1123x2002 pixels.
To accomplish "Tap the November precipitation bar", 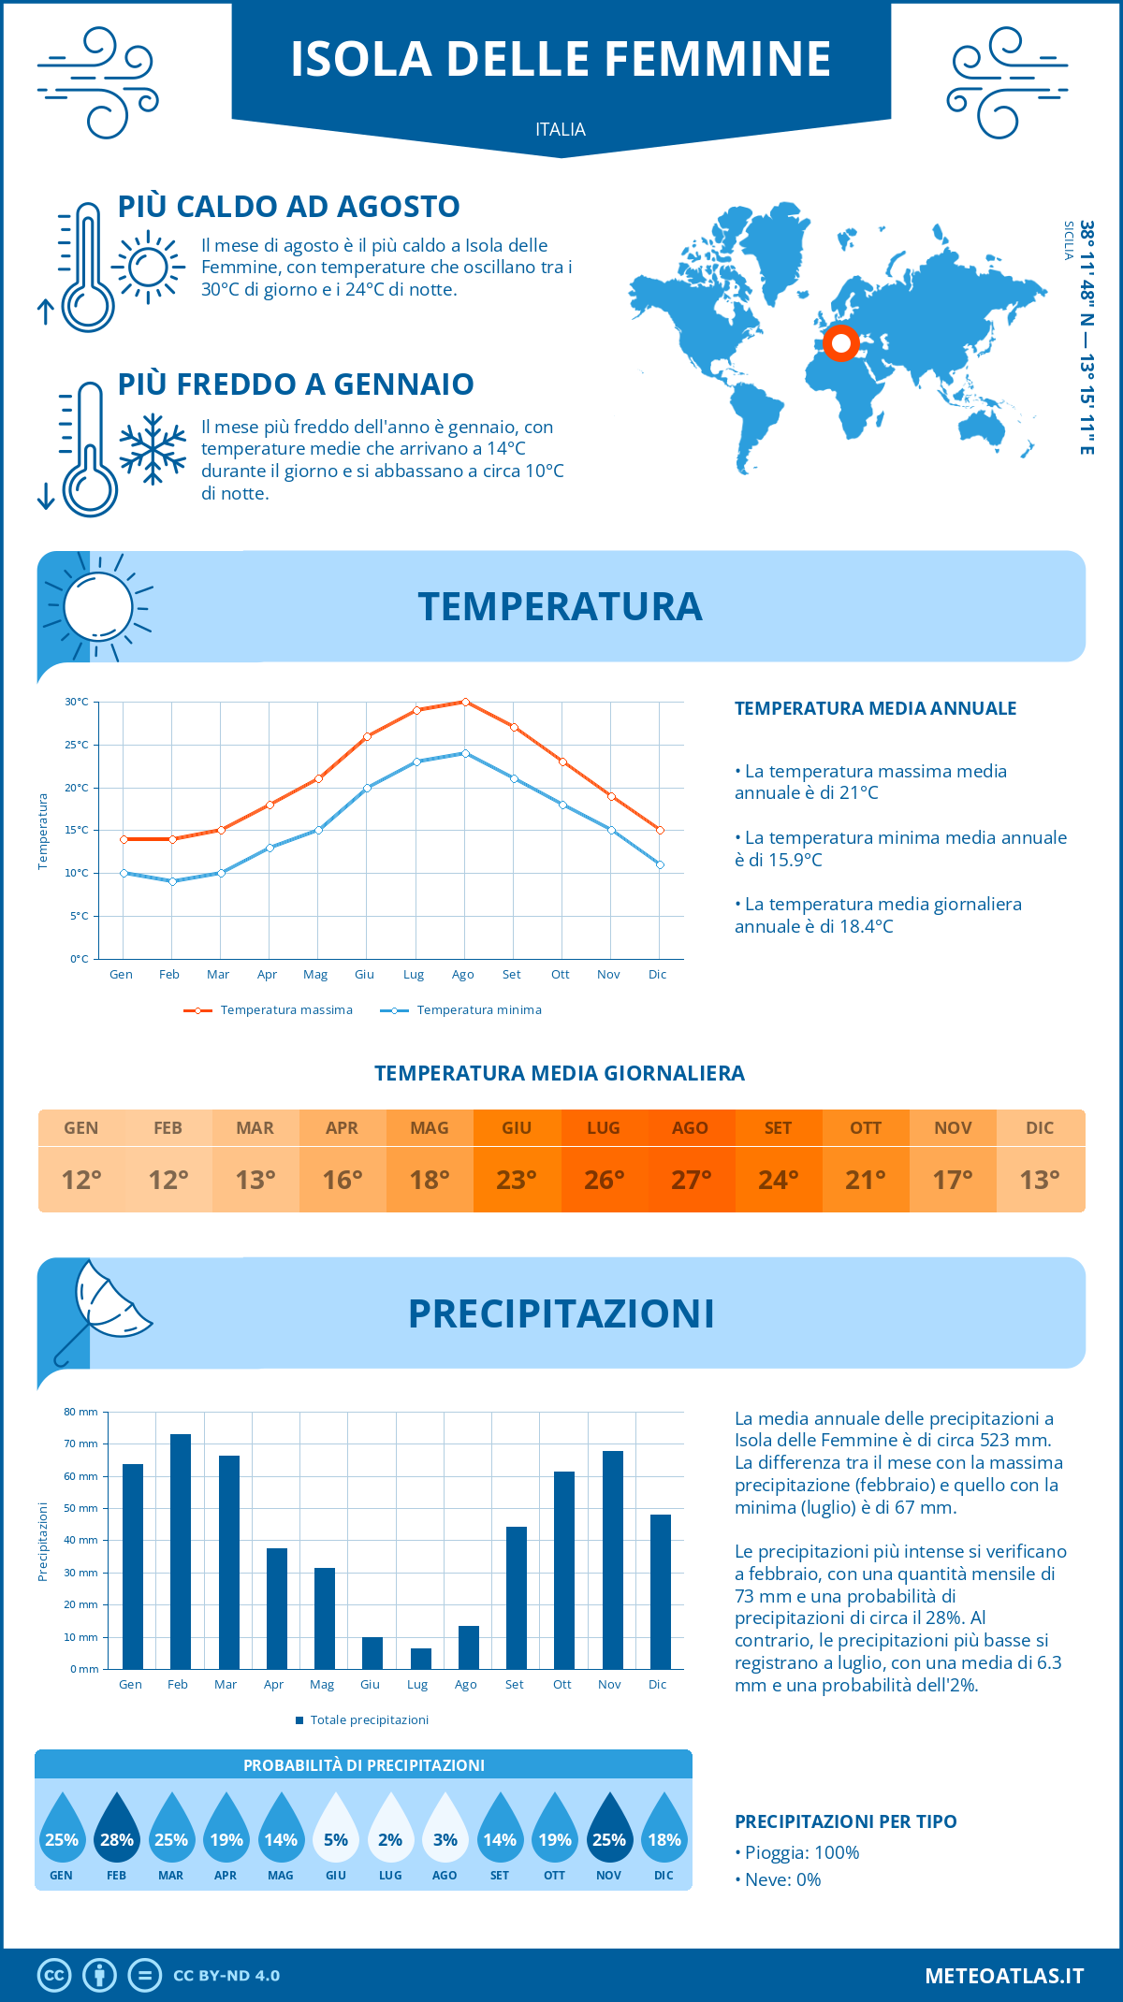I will point(613,1560).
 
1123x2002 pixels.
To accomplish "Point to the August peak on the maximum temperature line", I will point(465,702).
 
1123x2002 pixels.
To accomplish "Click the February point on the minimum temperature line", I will point(172,881).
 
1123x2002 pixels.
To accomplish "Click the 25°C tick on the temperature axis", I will point(77,745).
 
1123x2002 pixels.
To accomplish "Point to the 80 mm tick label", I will point(80,1412).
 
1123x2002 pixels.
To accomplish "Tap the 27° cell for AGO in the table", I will point(691,1180).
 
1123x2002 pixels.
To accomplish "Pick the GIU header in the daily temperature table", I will point(517,1128).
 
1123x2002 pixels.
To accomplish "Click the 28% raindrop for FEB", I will point(117,1829).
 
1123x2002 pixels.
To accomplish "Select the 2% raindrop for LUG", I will point(390,1829).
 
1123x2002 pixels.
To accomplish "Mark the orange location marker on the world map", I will point(841,343).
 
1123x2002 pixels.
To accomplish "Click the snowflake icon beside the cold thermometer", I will point(153,449).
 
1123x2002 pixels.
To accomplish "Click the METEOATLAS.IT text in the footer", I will point(1004,1976).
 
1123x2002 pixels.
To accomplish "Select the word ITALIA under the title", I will point(561,129).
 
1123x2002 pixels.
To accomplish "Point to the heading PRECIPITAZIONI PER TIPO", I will point(846,1821).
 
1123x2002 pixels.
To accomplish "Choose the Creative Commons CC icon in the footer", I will point(54,1976).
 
